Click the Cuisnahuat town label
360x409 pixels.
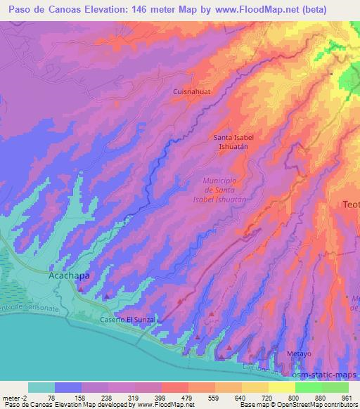coord(192,91)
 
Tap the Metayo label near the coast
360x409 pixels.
coord(298,353)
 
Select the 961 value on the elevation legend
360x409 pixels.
coord(346,397)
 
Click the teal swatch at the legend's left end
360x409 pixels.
coord(41,387)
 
